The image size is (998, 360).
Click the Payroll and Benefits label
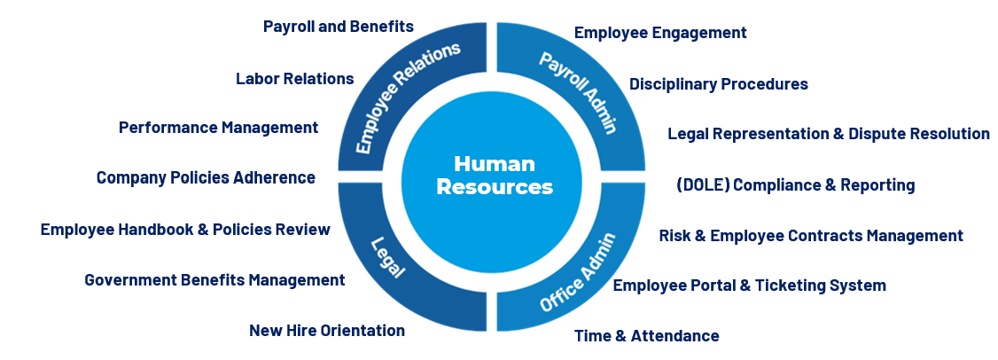point(339,27)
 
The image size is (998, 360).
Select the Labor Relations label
point(295,78)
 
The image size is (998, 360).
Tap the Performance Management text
point(218,128)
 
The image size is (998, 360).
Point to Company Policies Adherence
point(206,177)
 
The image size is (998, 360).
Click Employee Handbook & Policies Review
point(185,230)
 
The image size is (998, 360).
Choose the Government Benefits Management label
point(214,280)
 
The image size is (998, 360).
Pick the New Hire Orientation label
point(327,331)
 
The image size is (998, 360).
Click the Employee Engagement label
point(661,33)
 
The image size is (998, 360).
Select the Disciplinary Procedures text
point(719,84)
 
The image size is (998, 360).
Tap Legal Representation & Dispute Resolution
point(829,134)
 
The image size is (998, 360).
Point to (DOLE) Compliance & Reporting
point(795,185)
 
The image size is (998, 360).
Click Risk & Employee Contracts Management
point(811,236)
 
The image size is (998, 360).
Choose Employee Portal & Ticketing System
point(750,286)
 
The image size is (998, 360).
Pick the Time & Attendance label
point(647,336)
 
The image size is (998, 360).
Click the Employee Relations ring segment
point(407,98)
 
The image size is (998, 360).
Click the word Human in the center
point(495,165)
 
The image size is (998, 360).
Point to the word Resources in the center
point(495,187)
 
